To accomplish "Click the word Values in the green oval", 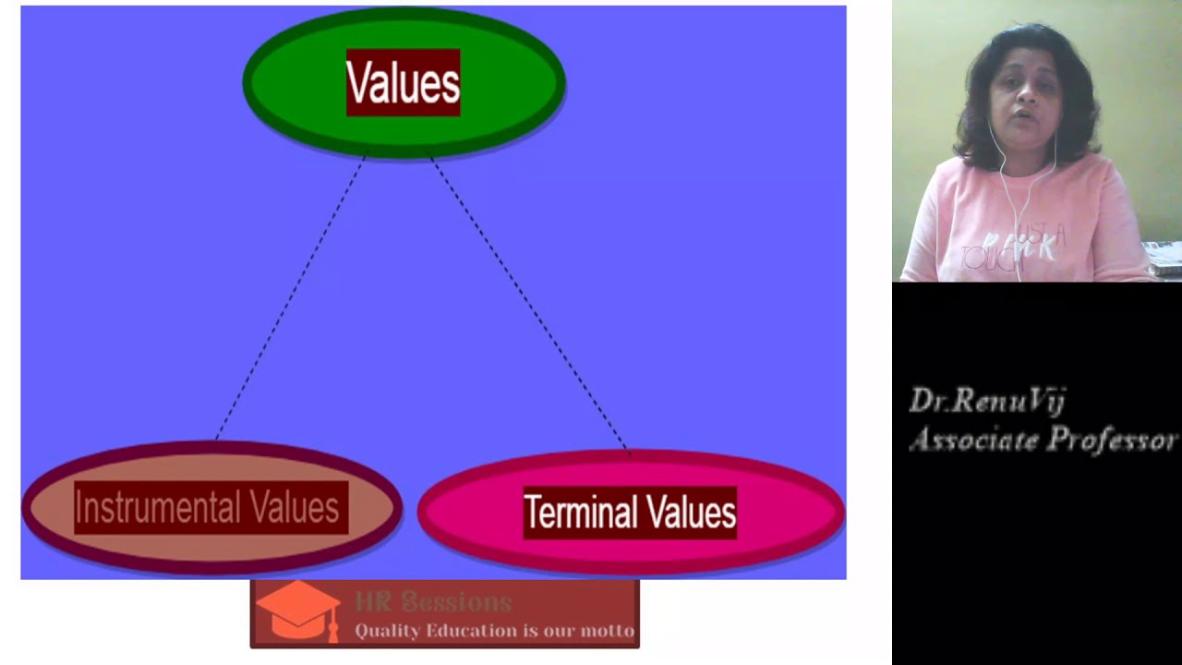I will click(403, 84).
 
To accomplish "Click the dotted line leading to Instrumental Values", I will click(291, 296).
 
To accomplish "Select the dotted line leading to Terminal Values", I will click(526, 300).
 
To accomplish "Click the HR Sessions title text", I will click(433, 602).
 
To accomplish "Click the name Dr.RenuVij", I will click(987, 401).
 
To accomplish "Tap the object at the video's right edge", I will click(1165, 258).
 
